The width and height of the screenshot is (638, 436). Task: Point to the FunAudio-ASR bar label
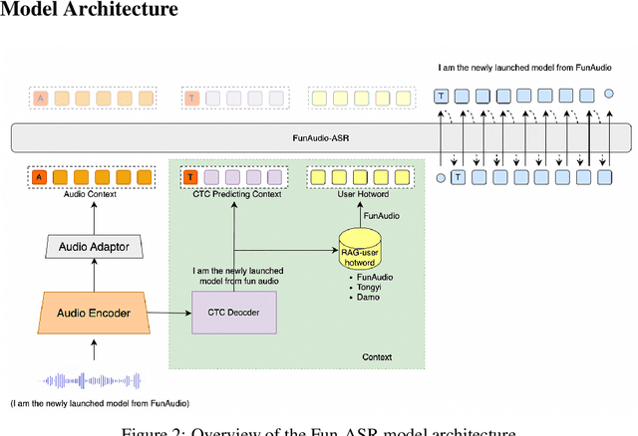(x=319, y=138)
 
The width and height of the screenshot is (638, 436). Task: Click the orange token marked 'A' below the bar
(x=39, y=177)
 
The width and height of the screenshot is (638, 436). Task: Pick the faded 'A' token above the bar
(x=40, y=98)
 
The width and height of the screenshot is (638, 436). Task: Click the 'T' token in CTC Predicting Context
(x=190, y=177)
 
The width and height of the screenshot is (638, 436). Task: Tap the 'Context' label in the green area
(x=377, y=356)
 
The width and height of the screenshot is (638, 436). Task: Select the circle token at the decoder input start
(x=440, y=177)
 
